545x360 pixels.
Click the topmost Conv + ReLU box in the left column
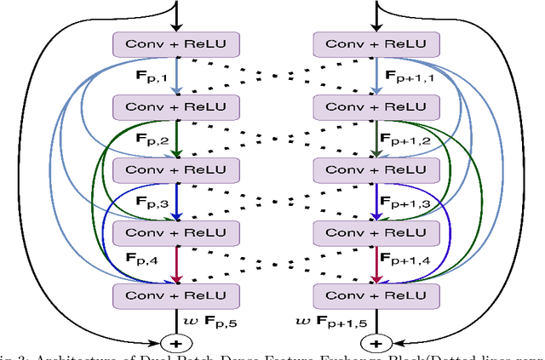175,44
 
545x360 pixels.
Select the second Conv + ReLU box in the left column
175,106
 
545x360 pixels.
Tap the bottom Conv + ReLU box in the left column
175,294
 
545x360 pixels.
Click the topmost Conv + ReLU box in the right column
376,44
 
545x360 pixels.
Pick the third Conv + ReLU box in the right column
376,169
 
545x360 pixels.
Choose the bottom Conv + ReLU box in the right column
376,294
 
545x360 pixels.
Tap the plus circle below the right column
376,343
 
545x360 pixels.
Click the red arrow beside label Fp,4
175,263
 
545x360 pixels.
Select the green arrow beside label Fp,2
175,138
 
